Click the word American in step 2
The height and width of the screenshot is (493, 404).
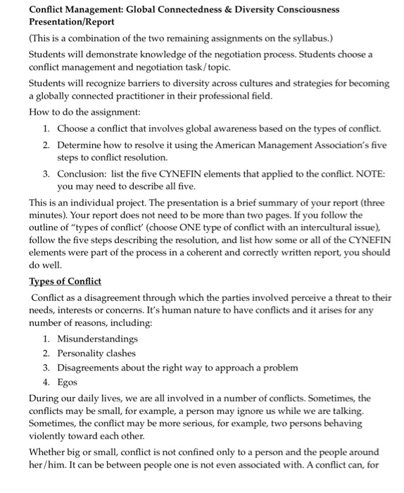pyautogui.click(x=217, y=144)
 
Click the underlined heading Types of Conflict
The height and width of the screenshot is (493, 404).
pyautogui.click(x=65, y=282)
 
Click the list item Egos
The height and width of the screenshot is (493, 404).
pyautogui.click(x=67, y=382)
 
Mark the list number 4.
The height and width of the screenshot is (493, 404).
pyautogui.click(x=45, y=382)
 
